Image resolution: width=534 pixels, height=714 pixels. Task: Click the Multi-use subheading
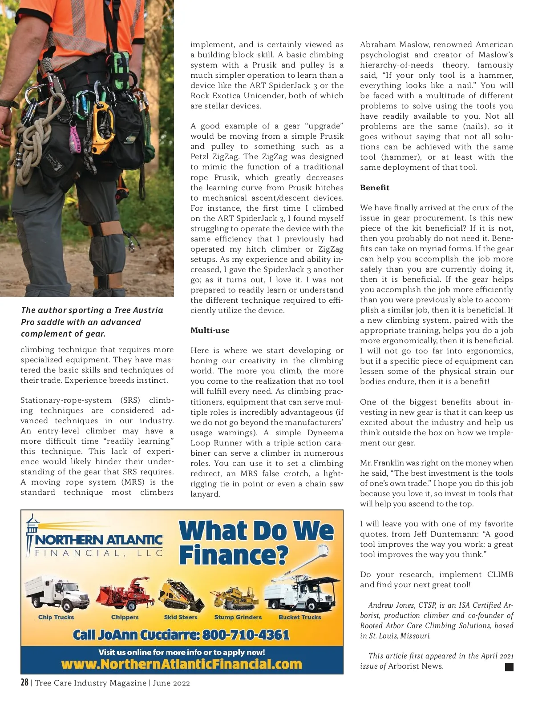click(210, 330)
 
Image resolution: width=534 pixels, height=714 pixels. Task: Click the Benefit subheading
click(374, 188)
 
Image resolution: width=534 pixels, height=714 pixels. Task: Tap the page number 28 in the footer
click(24, 682)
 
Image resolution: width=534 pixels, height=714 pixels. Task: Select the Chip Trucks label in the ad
click(56, 617)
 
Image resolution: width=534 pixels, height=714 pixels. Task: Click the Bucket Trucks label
click(299, 617)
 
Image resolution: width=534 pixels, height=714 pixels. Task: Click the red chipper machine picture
click(125, 594)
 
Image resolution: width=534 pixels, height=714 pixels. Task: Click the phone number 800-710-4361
click(246, 635)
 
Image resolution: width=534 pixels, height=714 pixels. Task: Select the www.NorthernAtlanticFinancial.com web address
click(182, 664)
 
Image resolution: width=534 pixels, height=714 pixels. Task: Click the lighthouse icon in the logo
click(32, 533)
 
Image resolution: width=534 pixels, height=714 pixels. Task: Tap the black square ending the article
click(510, 667)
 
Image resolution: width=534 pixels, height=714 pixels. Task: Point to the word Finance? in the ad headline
click(234, 555)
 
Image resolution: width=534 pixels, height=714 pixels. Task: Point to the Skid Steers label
click(180, 617)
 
